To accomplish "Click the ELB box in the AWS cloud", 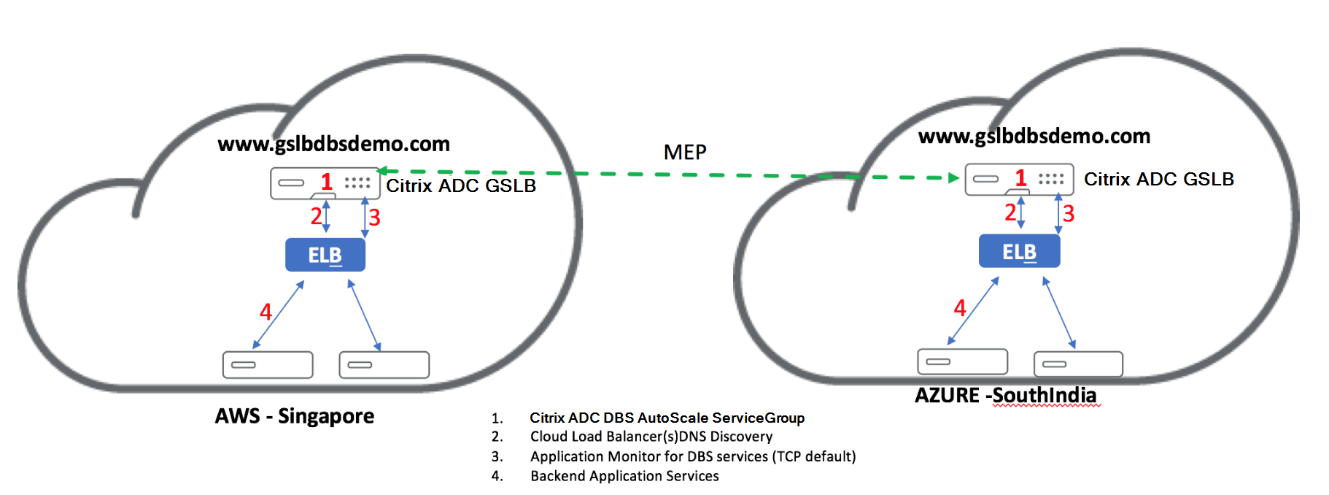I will point(325,255).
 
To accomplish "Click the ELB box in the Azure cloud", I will point(1019,251).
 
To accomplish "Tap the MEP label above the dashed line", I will point(684,152).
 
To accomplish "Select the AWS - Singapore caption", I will point(294,416).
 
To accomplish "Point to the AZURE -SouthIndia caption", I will point(1005,396).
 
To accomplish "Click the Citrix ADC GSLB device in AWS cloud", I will point(325,183).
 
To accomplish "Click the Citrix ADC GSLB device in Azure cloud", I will point(1019,179).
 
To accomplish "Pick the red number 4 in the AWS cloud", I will point(266,312).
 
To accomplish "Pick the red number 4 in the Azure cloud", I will point(960,308).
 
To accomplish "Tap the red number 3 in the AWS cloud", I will point(374,218).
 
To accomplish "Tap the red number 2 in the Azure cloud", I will point(1010,212).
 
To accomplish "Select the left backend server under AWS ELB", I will point(268,364).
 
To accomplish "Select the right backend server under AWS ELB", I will point(384,364).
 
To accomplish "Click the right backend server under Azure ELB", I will point(1078,364).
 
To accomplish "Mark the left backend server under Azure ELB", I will point(962,361).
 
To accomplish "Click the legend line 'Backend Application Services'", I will point(624,476).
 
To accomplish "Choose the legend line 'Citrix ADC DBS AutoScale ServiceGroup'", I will point(667,418).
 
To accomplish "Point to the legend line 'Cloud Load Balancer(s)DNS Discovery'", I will point(651,437).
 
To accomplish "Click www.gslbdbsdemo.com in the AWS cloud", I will point(333,144).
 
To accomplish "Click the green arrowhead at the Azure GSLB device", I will point(953,177).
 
